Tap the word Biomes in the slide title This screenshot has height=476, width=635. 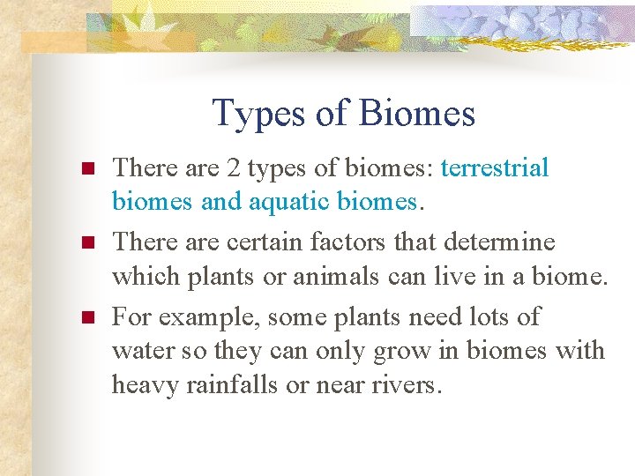tap(417, 114)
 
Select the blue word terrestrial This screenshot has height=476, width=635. tap(495, 167)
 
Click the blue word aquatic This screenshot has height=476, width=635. tap(288, 203)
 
